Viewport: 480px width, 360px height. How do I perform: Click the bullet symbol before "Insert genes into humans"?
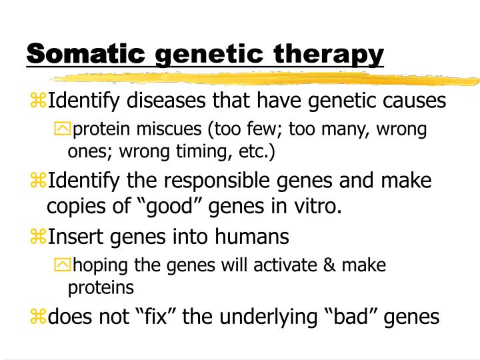37,237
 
